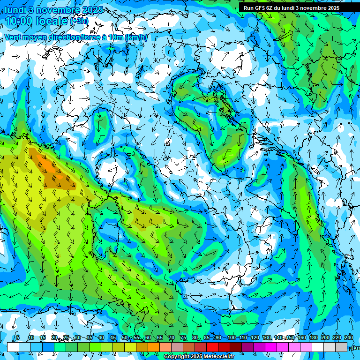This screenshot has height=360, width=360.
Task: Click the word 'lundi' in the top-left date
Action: pyautogui.click(x=15, y=10)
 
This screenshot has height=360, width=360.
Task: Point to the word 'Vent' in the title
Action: pyautogui.click(x=14, y=37)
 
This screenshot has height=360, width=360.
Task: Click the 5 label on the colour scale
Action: pyautogui.click(x=18, y=338)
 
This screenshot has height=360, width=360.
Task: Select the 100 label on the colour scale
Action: pyautogui.click(x=231, y=338)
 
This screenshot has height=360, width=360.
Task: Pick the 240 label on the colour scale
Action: pyautogui.click(x=349, y=338)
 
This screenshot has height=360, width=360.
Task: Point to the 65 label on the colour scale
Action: pyautogui.click(x=160, y=338)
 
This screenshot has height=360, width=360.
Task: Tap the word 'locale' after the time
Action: pyautogui.click(x=53, y=21)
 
